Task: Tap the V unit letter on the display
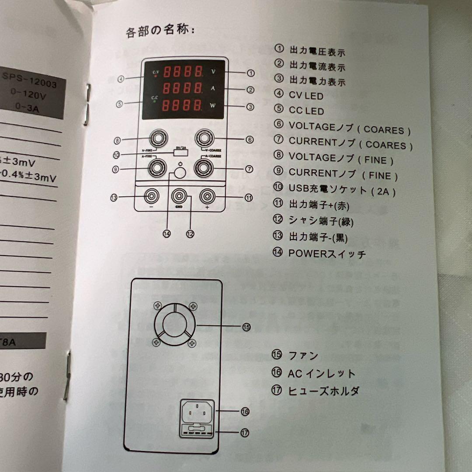213,71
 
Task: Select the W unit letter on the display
213,106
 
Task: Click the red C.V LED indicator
156,75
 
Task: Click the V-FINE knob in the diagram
156,139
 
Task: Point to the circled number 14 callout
167,233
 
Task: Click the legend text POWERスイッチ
327,253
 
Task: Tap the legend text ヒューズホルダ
323,390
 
